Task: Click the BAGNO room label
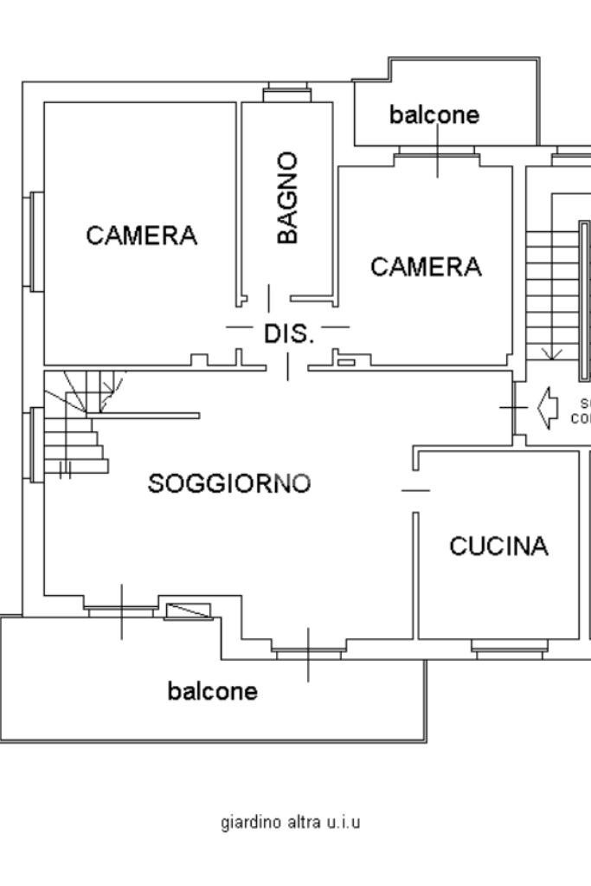point(288,197)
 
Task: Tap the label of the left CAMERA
point(142,235)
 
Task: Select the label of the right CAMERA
point(426,267)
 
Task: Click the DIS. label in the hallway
point(288,333)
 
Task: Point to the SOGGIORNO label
point(229,483)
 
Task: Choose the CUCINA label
point(499,546)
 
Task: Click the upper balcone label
point(434,114)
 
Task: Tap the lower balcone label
point(212,691)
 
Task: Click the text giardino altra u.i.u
point(291,822)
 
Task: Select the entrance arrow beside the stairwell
point(547,407)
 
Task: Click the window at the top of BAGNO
point(286,89)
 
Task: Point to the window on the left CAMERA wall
point(35,240)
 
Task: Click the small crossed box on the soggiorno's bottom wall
point(188,611)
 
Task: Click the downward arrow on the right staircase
point(551,352)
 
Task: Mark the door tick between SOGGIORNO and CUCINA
point(415,490)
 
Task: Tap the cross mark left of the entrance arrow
point(513,406)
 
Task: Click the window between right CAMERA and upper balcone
point(436,155)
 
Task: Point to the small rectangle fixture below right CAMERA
point(345,361)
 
